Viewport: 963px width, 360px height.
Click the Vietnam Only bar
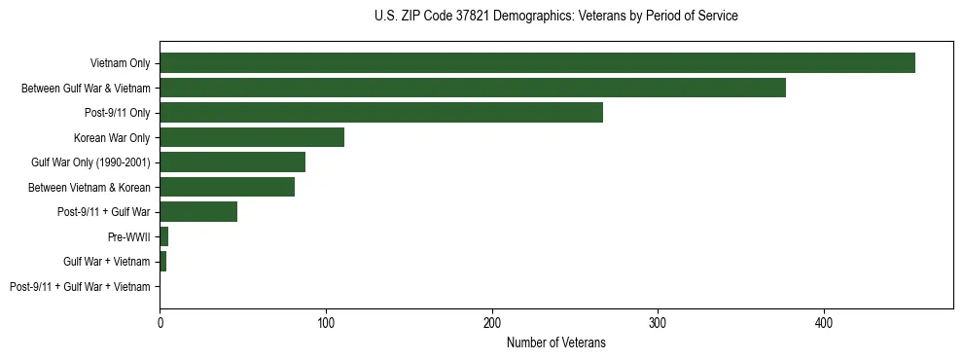(537, 63)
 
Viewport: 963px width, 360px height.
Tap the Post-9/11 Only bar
(381, 113)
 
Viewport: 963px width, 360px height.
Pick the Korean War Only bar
(252, 137)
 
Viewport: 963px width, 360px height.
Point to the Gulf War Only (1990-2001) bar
(232, 162)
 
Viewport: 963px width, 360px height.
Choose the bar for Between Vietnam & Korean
(227, 187)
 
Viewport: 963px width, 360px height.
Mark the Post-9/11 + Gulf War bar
(198, 212)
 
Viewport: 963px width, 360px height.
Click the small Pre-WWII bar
(164, 236)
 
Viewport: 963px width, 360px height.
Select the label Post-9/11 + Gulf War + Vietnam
(80, 287)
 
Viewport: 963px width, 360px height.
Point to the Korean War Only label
(112, 137)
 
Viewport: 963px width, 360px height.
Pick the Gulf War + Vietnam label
(106, 262)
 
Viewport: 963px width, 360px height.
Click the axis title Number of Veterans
(555, 342)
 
